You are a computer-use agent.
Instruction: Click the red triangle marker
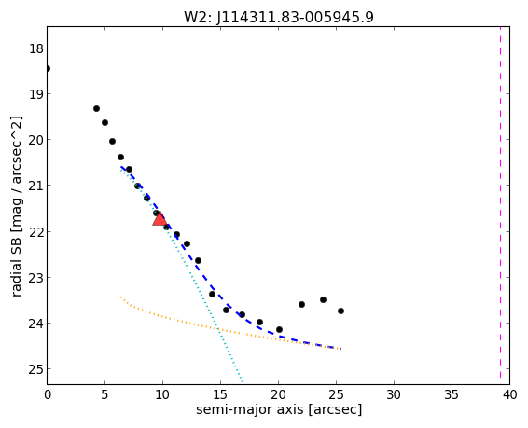tap(160, 219)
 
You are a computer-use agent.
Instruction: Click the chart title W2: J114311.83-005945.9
tap(279, 17)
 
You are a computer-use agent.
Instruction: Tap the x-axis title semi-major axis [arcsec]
tap(279, 410)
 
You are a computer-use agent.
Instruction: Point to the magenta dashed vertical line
tap(500, 205)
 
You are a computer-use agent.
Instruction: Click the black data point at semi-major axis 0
tap(48, 69)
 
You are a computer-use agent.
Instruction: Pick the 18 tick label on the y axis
tap(35, 48)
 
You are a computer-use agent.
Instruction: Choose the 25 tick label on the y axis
tap(35, 369)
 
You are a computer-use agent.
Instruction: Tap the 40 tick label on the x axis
tap(510, 394)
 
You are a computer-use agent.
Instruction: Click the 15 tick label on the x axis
tap(220, 394)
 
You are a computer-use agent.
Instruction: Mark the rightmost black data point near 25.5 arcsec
tap(340, 311)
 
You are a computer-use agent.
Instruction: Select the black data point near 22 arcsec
tap(301, 305)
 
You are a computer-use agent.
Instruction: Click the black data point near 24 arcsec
tap(324, 300)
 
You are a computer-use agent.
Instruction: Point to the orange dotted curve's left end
tap(121, 297)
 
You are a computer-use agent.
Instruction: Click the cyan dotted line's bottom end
tap(243, 381)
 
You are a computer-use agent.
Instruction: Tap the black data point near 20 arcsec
tap(279, 329)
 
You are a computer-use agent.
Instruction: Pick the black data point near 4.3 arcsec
tap(97, 109)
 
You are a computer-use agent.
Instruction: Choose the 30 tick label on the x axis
tap(394, 394)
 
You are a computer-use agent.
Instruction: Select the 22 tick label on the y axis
tap(35, 232)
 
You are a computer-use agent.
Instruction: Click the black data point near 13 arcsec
tap(199, 261)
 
